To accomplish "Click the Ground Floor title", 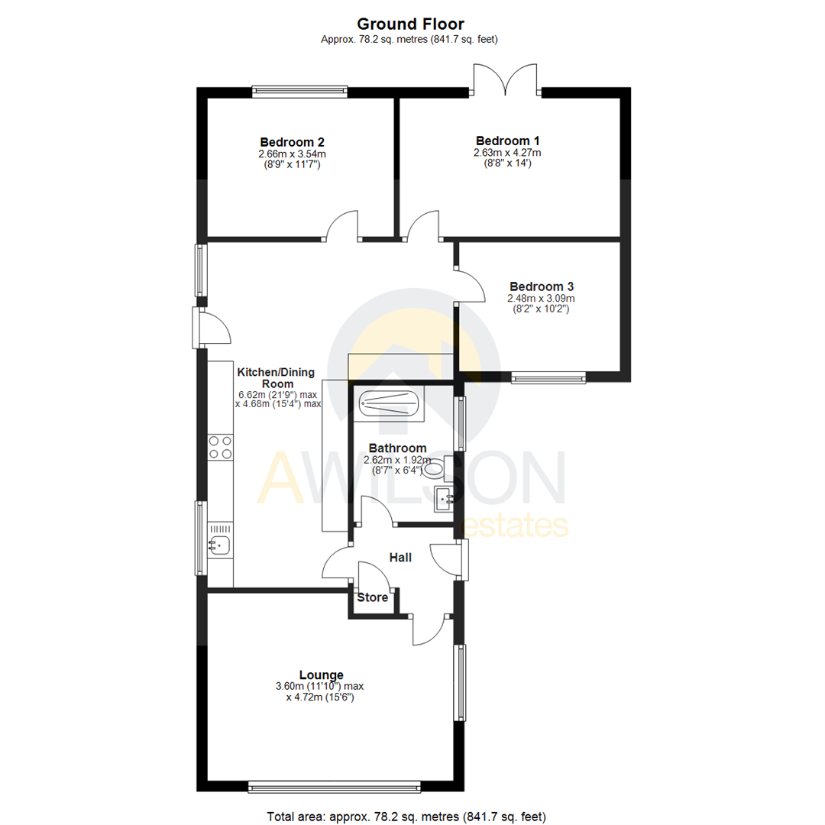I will pyautogui.click(x=412, y=24).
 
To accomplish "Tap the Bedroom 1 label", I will pyautogui.click(x=507, y=141).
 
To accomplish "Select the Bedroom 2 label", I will pyautogui.click(x=292, y=142).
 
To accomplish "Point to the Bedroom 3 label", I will pyautogui.click(x=541, y=286).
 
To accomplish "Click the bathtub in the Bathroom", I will pyautogui.click(x=390, y=403).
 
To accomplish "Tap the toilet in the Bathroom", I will pyautogui.click(x=442, y=467).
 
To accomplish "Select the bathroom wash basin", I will pyautogui.click(x=444, y=499).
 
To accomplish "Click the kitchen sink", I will pyautogui.click(x=220, y=545).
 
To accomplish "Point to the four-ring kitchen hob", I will pyautogui.click(x=220, y=447).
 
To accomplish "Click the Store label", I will pyautogui.click(x=372, y=597).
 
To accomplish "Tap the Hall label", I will pyautogui.click(x=400, y=558).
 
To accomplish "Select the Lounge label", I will pyautogui.click(x=321, y=675).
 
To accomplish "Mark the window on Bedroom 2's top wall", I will pyautogui.click(x=300, y=92).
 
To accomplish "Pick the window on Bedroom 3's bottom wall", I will pyautogui.click(x=548, y=377).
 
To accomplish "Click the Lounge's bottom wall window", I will pyautogui.click(x=335, y=785).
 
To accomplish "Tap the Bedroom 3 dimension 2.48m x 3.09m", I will pyautogui.click(x=541, y=298).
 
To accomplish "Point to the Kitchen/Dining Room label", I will pyautogui.click(x=278, y=377).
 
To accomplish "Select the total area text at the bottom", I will pyautogui.click(x=406, y=817).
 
